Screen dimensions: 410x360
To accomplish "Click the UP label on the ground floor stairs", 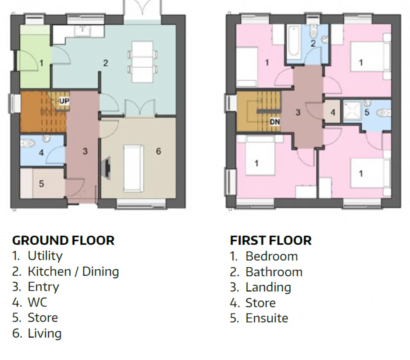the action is coord(64,101).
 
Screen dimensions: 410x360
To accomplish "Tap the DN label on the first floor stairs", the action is coord(275,122).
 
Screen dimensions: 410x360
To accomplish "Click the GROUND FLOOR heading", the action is coord(63,240).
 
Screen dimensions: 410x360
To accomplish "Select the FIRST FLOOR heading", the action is coord(271,240).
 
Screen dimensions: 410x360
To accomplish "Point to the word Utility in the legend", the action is coord(45,256).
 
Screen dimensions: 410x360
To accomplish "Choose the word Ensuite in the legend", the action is coord(267,318).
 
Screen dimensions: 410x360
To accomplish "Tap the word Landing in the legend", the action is coord(268,287).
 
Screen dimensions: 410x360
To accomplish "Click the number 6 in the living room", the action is coord(159,151).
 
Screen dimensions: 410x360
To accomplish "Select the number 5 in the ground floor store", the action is coord(41,184).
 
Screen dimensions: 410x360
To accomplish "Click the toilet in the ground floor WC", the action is coord(28,143).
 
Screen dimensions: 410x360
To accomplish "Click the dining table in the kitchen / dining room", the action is coord(143,62).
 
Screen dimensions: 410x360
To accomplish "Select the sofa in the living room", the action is coord(133,169).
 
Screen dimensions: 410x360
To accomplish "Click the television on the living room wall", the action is coord(106,168).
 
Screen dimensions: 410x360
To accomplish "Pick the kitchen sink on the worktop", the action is coord(83,31).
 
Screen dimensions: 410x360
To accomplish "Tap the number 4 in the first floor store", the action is coord(333,113).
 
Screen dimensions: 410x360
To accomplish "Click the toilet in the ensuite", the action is coord(384,113).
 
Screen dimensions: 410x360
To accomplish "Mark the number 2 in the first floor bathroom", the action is coord(313,44).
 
